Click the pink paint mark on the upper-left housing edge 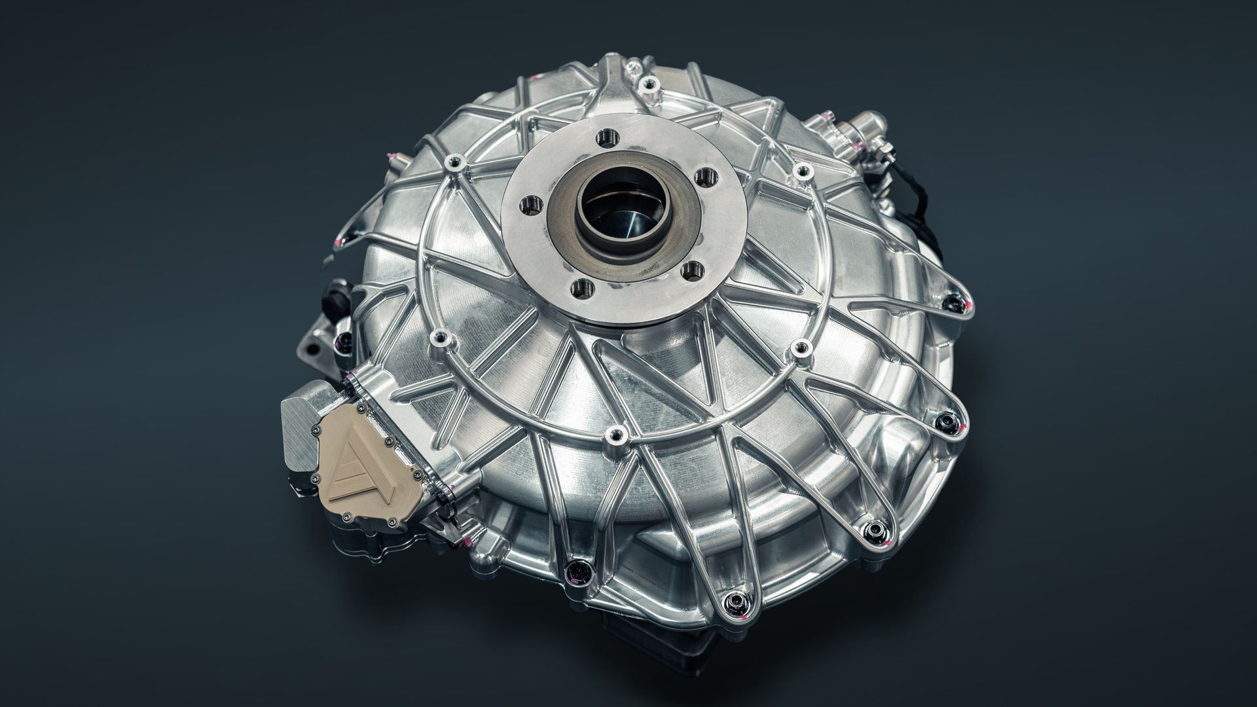tap(390, 155)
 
